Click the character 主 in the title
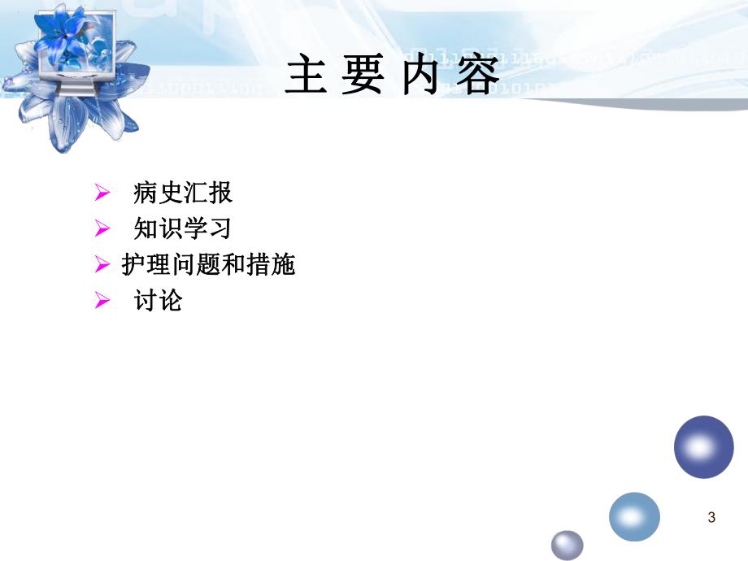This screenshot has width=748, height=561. click(307, 78)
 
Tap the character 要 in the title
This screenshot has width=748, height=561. click(363, 78)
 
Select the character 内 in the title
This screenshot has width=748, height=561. click(420, 78)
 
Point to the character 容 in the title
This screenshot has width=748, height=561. click(475, 78)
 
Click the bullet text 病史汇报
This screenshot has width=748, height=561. click(183, 193)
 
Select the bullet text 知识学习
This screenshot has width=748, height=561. click(183, 228)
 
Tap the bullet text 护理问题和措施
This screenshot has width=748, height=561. click(208, 265)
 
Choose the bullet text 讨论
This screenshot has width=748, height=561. click(159, 301)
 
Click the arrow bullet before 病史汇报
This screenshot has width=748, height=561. click(102, 194)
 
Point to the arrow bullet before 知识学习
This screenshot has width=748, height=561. click(102, 229)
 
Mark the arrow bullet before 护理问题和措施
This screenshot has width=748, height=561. click(102, 265)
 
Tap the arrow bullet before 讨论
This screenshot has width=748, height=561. click(102, 302)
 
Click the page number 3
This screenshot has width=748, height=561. click(712, 517)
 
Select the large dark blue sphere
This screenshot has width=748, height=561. click(703, 446)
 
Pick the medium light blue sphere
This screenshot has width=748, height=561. click(634, 517)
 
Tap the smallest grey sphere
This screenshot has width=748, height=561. click(568, 545)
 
